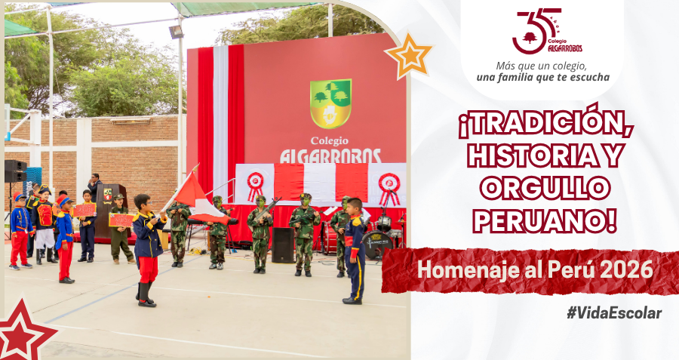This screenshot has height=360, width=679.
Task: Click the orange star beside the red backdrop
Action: coord(408,55)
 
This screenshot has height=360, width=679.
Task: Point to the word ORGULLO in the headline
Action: coord(545,189)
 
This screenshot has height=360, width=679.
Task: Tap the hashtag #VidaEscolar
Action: coord(614,313)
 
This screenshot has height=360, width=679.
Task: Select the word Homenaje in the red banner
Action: coord(468,270)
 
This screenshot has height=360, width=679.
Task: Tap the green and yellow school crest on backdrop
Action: coord(330,103)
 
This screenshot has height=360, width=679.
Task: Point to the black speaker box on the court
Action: coord(283,245)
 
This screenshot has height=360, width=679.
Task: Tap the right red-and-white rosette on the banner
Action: coord(389,189)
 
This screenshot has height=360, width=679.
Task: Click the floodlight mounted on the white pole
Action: coord(177,32)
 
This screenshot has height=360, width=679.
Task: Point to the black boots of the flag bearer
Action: coord(146,295)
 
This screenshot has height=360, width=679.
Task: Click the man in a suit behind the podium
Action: coord(95,186)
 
